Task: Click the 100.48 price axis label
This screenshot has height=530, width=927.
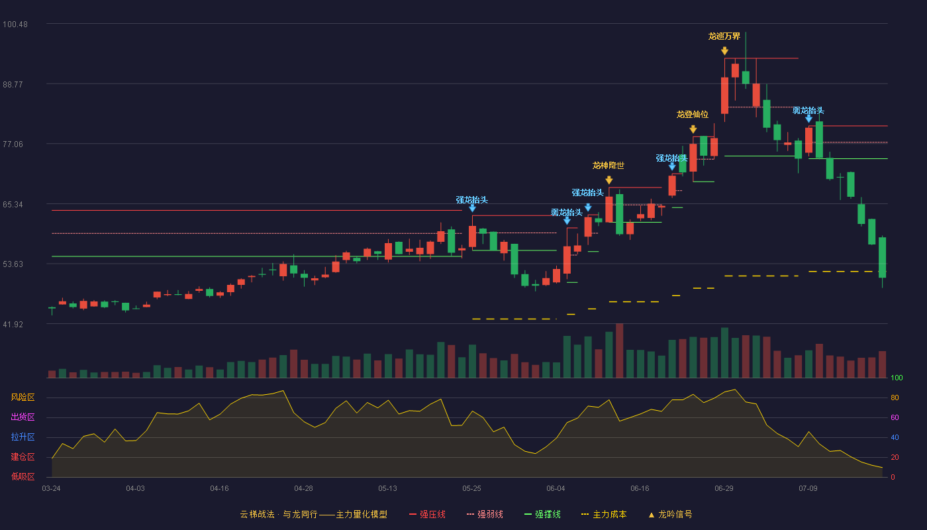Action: coord(15,25)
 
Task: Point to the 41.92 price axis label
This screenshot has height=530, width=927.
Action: coord(13,324)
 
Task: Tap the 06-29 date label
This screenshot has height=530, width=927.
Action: coord(724,489)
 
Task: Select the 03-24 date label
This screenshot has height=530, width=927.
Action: coord(52,489)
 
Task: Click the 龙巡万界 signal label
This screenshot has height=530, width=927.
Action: coord(724,36)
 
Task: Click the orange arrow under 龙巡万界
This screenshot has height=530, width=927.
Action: coord(724,51)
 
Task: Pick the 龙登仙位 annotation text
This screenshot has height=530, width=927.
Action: coord(693,114)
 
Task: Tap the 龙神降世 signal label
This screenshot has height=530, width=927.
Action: coord(609,166)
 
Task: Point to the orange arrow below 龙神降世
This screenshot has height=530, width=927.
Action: coord(609,180)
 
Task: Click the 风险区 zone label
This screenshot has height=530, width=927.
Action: coord(23,397)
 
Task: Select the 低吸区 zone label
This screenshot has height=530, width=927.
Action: coord(23,477)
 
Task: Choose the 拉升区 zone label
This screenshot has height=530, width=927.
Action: coord(23,437)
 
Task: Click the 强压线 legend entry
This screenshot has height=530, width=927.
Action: coord(427,514)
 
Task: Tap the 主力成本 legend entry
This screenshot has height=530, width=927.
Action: coord(604,514)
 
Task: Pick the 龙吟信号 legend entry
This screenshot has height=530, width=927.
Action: coord(670,514)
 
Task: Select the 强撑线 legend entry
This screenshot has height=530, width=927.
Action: coord(542,514)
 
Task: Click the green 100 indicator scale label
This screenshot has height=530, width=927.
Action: coord(897,378)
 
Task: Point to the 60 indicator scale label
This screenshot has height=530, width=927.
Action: coord(895,417)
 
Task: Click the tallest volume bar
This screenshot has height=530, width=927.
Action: coord(620,350)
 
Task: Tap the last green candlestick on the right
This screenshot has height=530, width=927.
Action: coord(882,257)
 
